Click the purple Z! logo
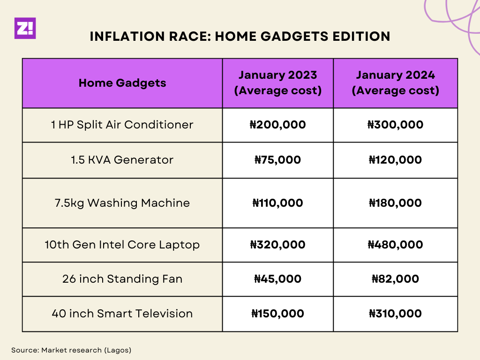coord(25,28)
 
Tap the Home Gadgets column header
coord(122,83)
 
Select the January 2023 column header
coord(277,82)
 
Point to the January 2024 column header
coord(395,82)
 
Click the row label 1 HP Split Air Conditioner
coord(122,125)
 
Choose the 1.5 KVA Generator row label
coord(122,160)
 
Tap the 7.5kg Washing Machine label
coord(122,203)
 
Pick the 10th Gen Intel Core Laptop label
coord(122,245)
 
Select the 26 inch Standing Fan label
coord(122,279)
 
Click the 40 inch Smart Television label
coord(122,314)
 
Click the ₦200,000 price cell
coord(277,125)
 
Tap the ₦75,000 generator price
coord(277,160)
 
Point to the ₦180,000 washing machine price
coord(395,203)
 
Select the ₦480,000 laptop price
coord(395,245)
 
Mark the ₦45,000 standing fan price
coord(277,279)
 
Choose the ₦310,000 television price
coord(395,314)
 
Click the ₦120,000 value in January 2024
coord(395,160)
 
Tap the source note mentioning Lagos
coord(71,350)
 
